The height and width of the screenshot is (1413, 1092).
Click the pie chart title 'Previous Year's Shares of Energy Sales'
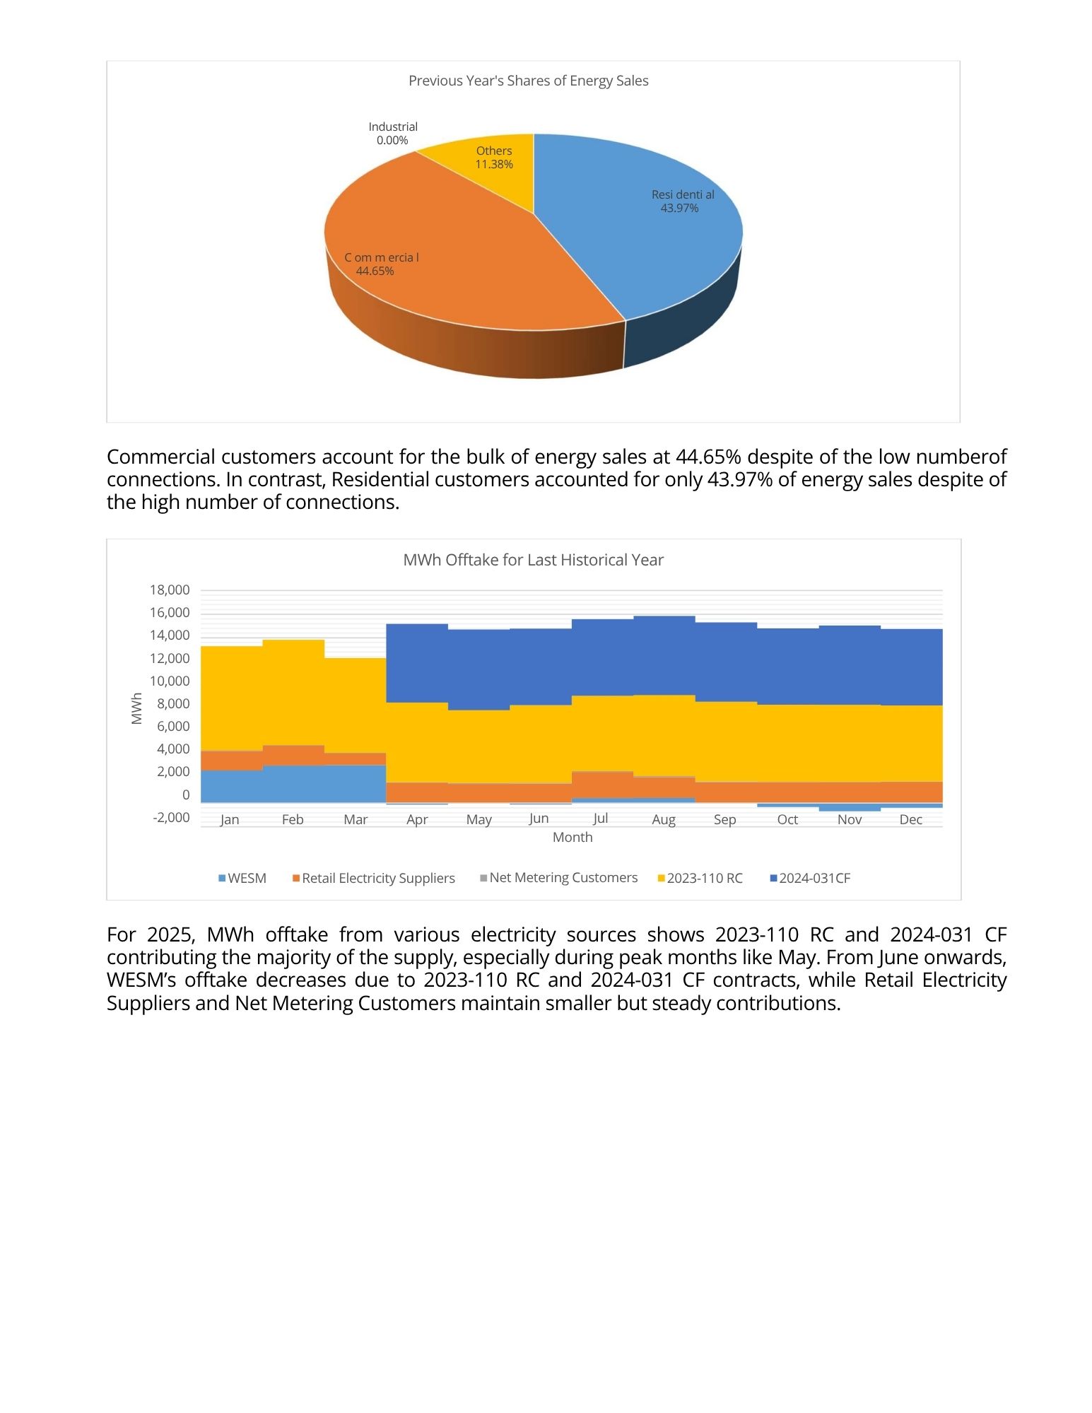click(528, 81)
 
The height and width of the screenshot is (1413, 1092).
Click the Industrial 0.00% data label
click(393, 133)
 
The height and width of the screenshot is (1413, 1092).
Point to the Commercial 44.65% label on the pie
click(381, 264)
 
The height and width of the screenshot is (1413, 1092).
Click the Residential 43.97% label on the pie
click(682, 201)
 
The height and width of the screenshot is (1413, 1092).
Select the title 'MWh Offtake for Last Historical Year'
click(533, 560)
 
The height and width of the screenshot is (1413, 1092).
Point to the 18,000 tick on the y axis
click(170, 590)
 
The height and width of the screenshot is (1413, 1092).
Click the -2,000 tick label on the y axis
click(171, 817)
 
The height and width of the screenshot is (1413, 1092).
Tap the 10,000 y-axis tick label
click(170, 681)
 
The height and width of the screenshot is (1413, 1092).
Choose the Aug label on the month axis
click(664, 819)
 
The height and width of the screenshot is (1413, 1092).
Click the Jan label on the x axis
click(230, 819)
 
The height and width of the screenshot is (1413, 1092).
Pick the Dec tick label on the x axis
click(910, 819)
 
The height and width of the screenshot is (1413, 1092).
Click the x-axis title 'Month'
click(573, 837)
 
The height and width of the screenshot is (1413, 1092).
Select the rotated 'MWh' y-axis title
click(137, 708)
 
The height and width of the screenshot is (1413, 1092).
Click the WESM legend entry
click(242, 878)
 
